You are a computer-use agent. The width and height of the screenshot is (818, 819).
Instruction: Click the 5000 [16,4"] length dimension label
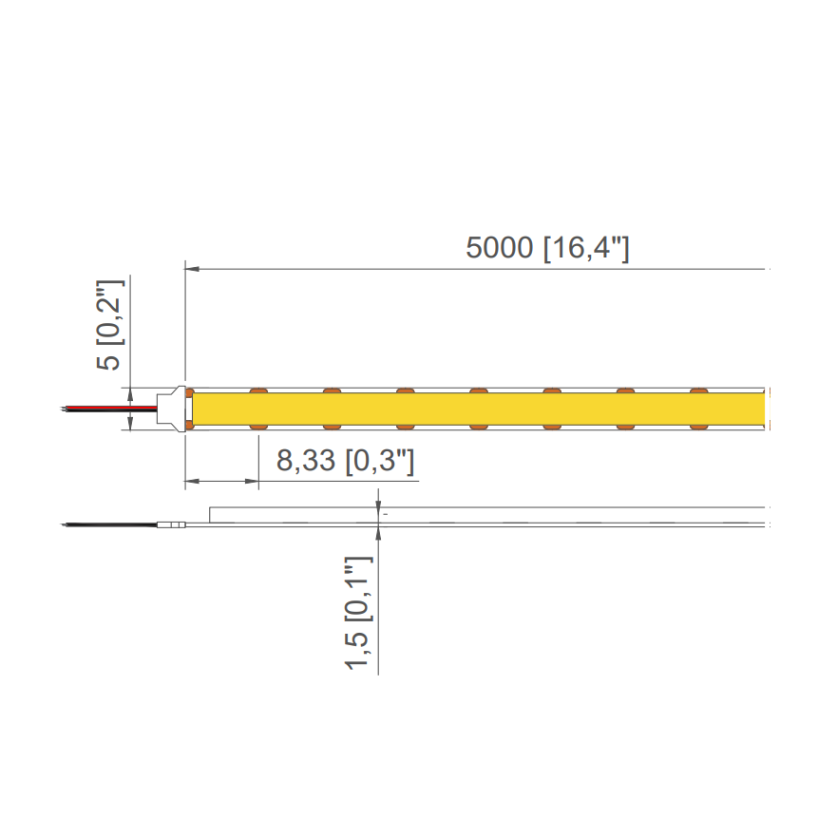click(x=547, y=248)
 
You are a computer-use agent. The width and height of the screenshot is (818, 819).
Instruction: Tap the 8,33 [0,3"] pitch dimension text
click(x=345, y=461)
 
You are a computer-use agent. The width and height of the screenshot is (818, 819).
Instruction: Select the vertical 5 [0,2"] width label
click(x=110, y=325)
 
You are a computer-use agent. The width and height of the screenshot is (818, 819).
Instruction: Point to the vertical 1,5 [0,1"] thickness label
click(x=359, y=613)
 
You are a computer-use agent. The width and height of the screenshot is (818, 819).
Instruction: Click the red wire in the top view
click(x=109, y=407)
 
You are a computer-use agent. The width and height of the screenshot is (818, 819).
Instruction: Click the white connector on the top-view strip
click(x=172, y=409)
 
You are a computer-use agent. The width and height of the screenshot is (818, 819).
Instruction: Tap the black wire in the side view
click(x=109, y=524)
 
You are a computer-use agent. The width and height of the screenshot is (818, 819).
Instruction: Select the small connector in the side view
click(x=171, y=524)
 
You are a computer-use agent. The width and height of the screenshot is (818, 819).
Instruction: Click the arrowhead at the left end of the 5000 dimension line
click(x=192, y=269)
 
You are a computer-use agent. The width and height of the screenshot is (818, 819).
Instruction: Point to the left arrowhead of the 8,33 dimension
click(x=192, y=481)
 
